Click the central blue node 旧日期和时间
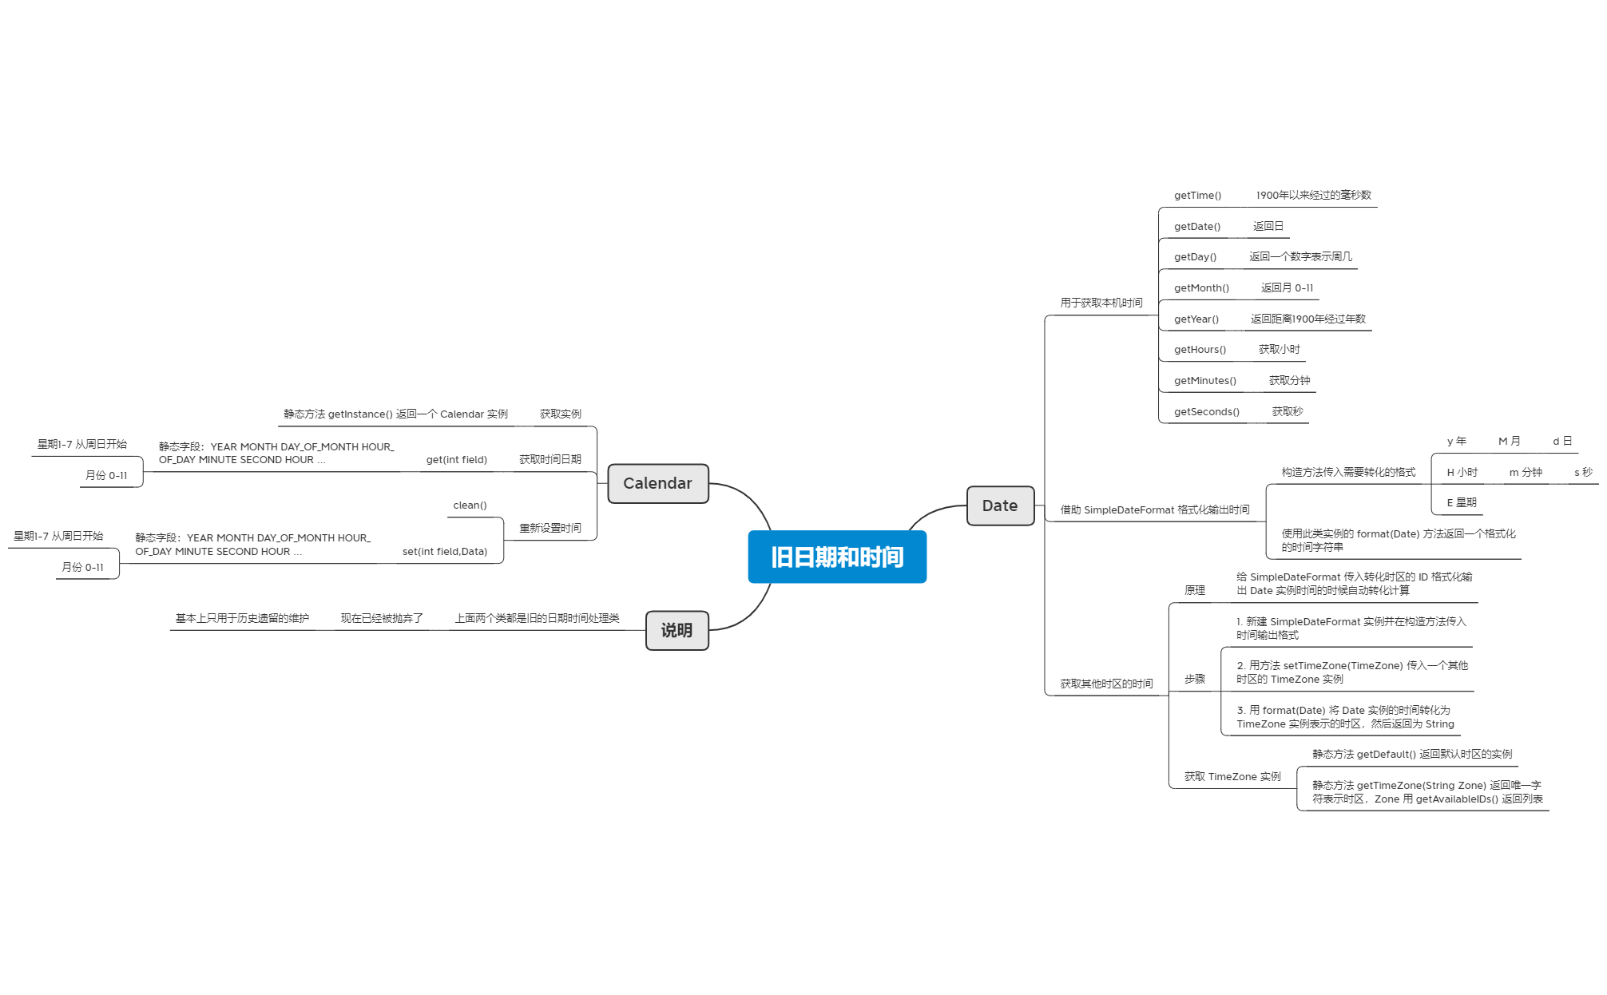click(836, 557)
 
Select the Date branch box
click(999, 505)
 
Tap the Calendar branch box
click(657, 483)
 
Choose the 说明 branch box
click(677, 630)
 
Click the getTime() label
click(1197, 196)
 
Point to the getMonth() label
click(1201, 288)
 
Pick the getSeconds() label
click(1206, 412)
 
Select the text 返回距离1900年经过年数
click(1307, 319)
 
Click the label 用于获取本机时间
click(1101, 303)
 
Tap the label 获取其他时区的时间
click(1106, 684)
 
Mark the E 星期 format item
click(1461, 503)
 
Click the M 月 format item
click(1509, 442)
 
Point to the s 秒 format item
click(1582, 473)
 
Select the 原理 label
click(1194, 590)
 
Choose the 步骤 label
click(1194, 679)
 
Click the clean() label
click(470, 505)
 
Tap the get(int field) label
click(456, 460)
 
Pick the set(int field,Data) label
click(444, 552)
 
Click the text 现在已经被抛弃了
click(382, 618)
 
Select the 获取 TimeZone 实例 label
click(1232, 777)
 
